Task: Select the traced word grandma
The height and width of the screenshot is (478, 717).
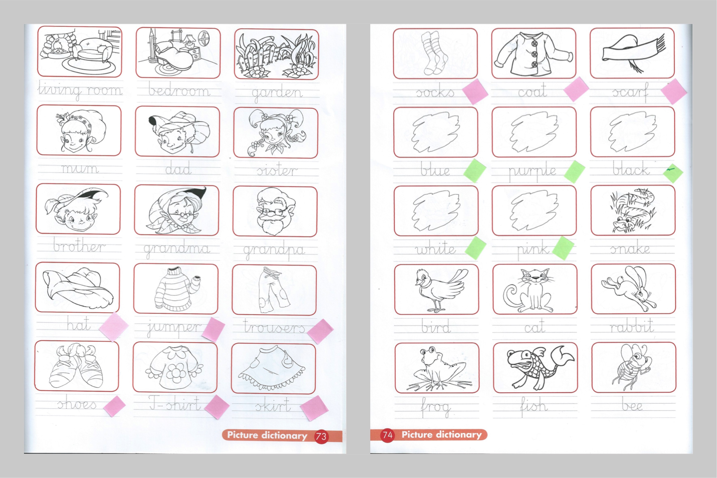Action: (177, 249)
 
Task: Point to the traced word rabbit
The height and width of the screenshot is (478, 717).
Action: (632, 327)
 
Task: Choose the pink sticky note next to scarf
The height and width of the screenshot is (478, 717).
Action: (674, 91)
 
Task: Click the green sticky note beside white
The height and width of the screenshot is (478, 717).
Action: (476, 248)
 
